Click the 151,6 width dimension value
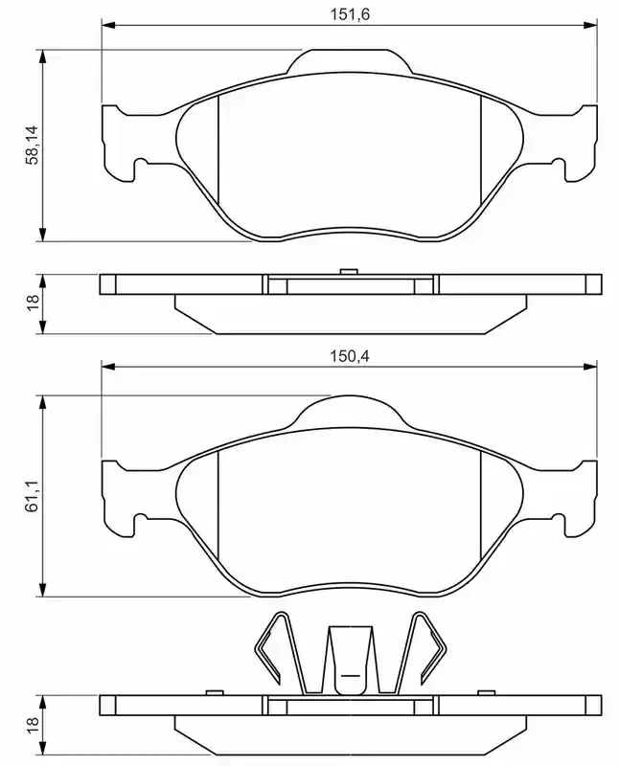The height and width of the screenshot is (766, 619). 350,14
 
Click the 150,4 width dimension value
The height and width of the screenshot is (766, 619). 350,355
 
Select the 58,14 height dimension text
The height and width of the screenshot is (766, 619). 33,146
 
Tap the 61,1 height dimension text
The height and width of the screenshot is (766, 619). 33,495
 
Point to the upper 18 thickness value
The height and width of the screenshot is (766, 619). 33,303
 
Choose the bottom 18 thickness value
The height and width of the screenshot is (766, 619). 33,724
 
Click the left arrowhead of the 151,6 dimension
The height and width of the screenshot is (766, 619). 108,25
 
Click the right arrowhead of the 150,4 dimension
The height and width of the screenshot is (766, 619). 590,367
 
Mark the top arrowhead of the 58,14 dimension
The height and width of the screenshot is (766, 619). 43,56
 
